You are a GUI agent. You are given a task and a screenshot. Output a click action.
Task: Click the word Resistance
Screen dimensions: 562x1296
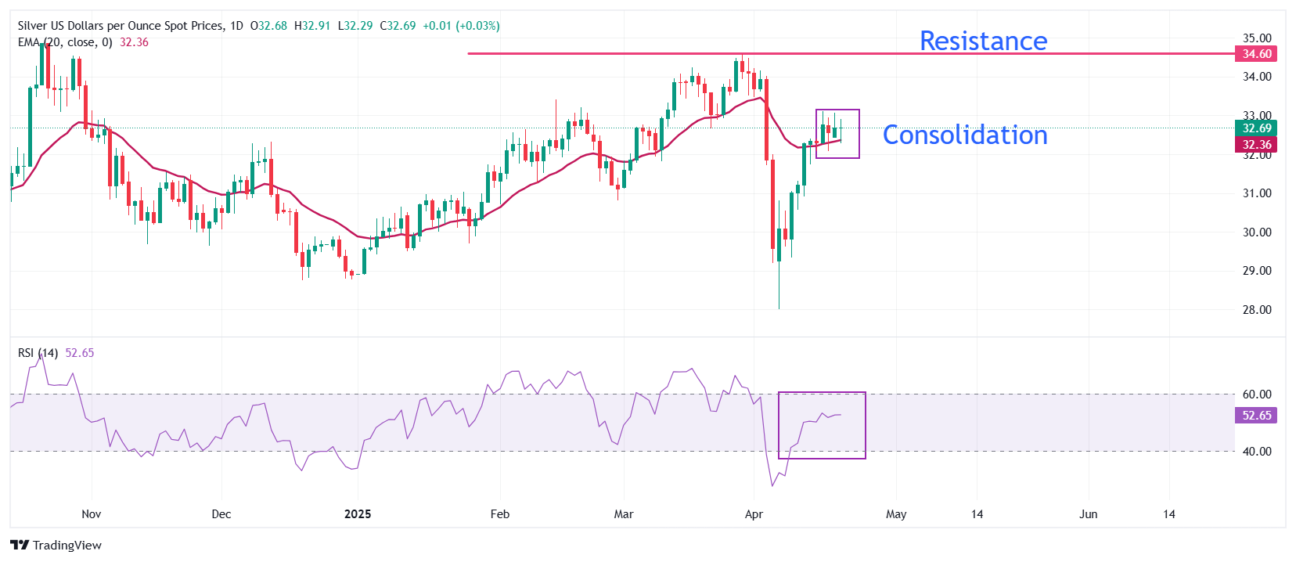click(x=983, y=41)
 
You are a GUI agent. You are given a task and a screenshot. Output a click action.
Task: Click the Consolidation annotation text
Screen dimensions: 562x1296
click(x=965, y=135)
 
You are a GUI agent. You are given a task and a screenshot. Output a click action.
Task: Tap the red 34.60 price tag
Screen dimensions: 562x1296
click(x=1256, y=54)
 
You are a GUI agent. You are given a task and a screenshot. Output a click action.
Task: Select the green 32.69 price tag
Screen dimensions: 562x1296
click(x=1256, y=128)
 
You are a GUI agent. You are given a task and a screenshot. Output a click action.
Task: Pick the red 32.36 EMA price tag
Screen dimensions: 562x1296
click(x=1256, y=145)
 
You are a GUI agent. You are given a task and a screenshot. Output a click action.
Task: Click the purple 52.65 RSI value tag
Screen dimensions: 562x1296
click(x=1256, y=416)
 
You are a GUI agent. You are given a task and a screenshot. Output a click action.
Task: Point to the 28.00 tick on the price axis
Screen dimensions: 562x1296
click(x=1257, y=310)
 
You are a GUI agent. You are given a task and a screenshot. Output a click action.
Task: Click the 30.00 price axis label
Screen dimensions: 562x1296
click(x=1257, y=232)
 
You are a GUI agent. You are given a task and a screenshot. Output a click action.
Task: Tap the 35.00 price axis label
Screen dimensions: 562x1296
click(x=1257, y=38)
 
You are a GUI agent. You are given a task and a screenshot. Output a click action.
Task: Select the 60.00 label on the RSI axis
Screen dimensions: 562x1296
click(x=1257, y=394)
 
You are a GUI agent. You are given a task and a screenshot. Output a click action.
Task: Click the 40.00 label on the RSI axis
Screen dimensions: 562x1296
click(x=1257, y=452)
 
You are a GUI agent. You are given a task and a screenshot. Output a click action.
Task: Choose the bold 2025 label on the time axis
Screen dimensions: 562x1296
click(x=358, y=514)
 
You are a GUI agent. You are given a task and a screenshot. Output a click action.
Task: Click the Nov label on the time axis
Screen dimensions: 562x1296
click(x=92, y=514)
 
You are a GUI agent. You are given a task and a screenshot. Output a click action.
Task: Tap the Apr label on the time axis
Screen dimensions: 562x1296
click(x=754, y=514)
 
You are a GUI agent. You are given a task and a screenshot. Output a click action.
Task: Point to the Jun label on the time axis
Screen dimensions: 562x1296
click(x=1088, y=514)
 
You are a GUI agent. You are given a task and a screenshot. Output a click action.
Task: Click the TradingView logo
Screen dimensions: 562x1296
click(x=56, y=546)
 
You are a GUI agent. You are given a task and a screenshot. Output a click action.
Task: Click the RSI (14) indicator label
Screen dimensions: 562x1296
click(x=38, y=353)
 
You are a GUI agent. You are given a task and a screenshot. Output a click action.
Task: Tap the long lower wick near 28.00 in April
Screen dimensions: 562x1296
click(x=779, y=290)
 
